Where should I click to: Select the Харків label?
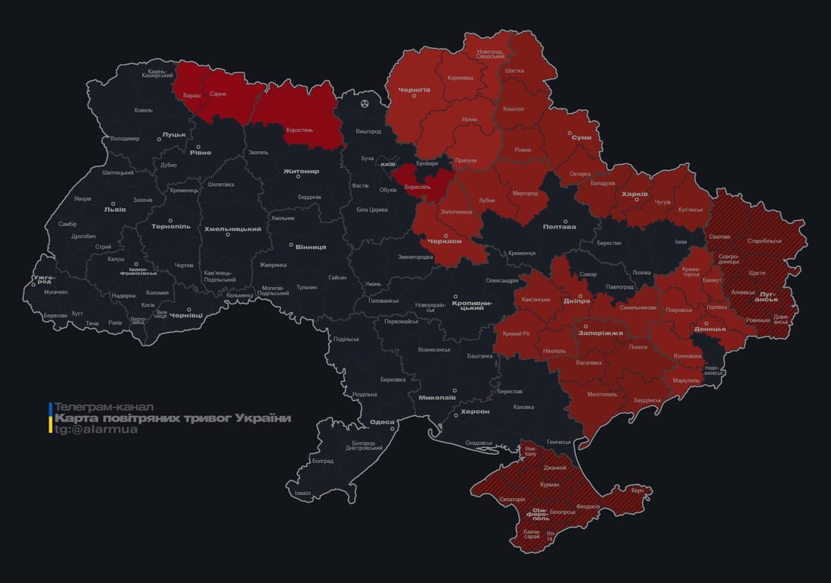click(x=634, y=194)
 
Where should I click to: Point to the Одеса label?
click(x=382, y=422)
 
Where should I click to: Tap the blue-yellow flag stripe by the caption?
click(x=51, y=418)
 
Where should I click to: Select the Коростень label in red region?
click(x=299, y=130)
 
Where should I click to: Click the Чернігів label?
click(x=414, y=90)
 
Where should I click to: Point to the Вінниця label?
click(x=311, y=247)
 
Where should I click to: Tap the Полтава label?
click(x=559, y=227)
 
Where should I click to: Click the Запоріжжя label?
click(x=601, y=332)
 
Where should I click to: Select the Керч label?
click(x=637, y=490)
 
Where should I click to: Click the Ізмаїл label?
click(x=302, y=493)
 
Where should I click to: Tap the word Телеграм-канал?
click(x=104, y=407)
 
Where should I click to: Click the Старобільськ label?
click(x=764, y=241)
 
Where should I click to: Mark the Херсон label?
click(x=475, y=411)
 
